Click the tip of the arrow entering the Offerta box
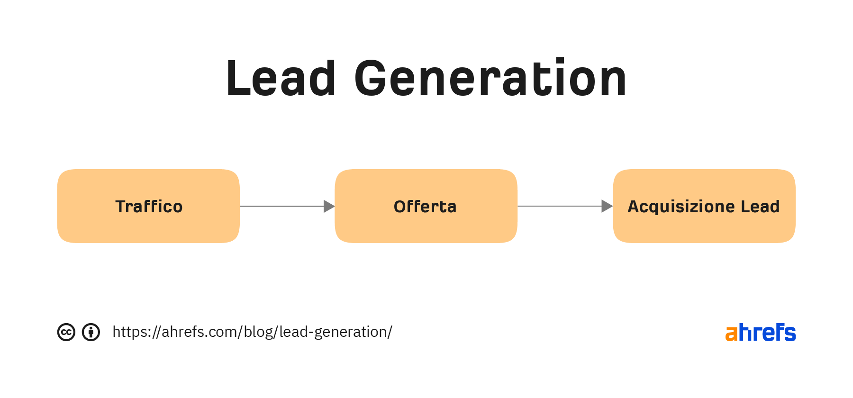pyautogui.click(x=335, y=206)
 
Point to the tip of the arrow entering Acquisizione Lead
pyautogui.click(x=613, y=206)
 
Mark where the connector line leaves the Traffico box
pyautogui.click(x=240, y=206)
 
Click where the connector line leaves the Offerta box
pyautogui.click(x=517, y=206)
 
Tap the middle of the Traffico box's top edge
pyautogui.click(x=148, y=169)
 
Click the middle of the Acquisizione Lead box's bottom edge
pyautogui.click(x=704, y=243)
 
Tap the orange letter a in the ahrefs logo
pyautogui.click(x=732, y=333)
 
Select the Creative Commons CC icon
pyautogui.click(x=66, y=332)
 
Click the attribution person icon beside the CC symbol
pyautogui.click(x=91, y=332)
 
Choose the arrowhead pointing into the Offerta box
pyautogui.click(x=329, y=206)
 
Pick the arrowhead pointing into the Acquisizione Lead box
pyautogui.click(x=607, y=206)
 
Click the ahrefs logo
pyautogui.click(x=761, y=332)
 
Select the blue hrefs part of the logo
pyautogui.click(x=767, y=332)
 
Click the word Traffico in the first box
pyautogui.click(x=149, y=207)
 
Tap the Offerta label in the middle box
pyautogui.click(x=425, y=207)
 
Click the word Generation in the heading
pyautogui.click(x=490, y=78)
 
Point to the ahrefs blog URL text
pyautogui.click(x=252, y=332)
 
